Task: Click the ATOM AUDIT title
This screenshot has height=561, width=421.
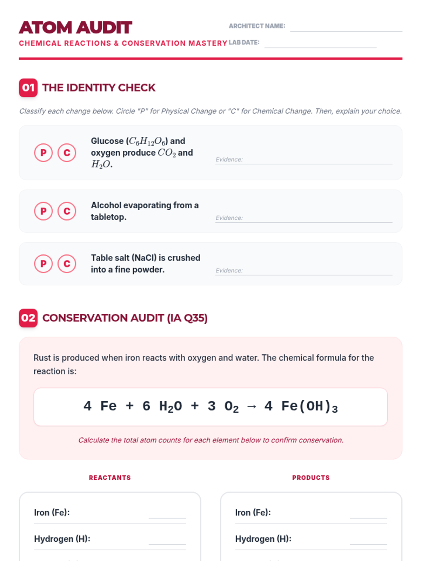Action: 75,28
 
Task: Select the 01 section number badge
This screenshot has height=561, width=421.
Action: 28,88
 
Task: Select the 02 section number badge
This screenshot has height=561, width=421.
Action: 28,318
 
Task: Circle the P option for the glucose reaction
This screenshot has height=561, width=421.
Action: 44,153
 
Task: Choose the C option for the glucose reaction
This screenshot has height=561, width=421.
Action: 67,153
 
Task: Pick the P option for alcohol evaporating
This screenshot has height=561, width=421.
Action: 44,211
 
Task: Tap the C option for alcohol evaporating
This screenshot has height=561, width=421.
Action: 67,211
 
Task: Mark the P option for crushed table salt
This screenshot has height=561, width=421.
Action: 44,264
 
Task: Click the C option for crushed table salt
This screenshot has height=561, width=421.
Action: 67,264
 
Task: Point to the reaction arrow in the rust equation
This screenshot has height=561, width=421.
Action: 252,407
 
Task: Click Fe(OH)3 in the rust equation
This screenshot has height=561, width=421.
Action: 309,406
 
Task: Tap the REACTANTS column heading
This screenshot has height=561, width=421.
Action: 110,478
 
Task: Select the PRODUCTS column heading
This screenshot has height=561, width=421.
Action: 311,478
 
